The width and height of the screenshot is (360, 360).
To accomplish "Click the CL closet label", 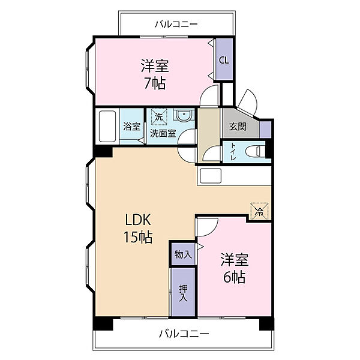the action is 224,61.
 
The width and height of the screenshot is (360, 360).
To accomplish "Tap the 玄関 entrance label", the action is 238,127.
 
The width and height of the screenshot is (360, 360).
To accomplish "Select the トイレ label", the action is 233,152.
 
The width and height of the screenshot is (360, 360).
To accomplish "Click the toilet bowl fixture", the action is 255,151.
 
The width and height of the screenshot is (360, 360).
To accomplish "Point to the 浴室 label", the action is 131,127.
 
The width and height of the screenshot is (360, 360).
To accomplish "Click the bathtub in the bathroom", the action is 107,126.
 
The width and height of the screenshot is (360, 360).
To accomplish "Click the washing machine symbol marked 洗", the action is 159,117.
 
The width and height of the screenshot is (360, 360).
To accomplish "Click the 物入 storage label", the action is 183,254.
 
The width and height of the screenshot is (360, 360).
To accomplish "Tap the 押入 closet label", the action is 183,293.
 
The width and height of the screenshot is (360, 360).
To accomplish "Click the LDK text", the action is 138,220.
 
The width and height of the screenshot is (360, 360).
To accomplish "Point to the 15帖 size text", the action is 138,237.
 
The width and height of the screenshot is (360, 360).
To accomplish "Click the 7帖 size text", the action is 155,83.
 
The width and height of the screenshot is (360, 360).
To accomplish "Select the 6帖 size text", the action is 235,277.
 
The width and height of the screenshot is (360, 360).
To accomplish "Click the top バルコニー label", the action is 176,24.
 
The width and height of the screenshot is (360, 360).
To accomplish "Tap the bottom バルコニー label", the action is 184,334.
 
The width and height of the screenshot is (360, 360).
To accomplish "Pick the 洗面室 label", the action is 163,133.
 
